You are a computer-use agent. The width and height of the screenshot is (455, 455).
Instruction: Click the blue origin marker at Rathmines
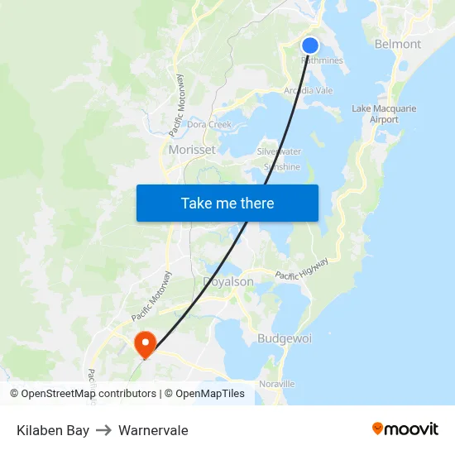tap(310, 45)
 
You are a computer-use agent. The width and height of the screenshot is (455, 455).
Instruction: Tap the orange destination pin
tap(146, 343)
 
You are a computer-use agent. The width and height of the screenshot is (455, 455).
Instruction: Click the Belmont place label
tap(398, 44)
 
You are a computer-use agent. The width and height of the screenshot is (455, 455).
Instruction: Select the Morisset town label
tap(192, 150)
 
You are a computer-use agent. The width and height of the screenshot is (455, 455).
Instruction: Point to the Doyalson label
tap(228, 281)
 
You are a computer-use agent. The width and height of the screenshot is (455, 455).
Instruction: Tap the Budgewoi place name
tap(285, 338)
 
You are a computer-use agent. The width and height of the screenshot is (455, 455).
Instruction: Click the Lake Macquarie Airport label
tap(384, 114)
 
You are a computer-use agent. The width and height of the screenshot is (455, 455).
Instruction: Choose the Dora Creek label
tap(209, 125)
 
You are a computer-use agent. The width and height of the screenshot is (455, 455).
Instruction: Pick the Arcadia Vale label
tap(309, 90)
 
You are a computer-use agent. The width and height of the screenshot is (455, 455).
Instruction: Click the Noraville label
tap(277, 384)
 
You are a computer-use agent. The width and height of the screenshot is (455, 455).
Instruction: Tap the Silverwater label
tap(280, 151)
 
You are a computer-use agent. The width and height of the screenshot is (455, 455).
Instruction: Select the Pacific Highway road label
tap(302, 268)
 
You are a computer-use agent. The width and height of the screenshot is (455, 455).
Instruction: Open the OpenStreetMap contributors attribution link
tap(89, 394)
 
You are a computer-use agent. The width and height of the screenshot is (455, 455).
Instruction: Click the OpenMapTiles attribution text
tap(209, 394)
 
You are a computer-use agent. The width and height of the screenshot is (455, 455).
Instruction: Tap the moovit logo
tap(405, 429)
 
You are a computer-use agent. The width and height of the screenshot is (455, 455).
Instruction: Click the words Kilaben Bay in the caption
tap(53, 430)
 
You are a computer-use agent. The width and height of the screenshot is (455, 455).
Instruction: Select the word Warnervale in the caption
tap(153, 430)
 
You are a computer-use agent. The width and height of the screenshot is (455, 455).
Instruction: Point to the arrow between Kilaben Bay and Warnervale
tap(103, 430)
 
